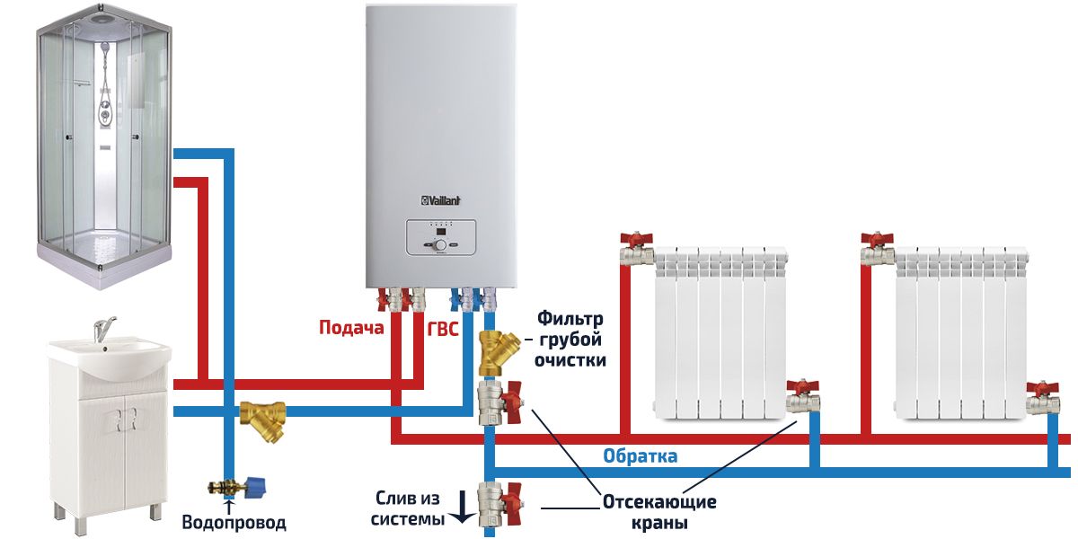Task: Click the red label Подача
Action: [351, 328]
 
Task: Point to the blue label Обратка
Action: [640, 456]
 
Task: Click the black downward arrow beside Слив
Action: [461, 508]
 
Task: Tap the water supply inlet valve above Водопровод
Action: [236, 488]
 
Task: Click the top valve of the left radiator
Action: [637, 248]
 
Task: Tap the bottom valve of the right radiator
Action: [1043, 396]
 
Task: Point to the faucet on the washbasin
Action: [104, 328]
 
